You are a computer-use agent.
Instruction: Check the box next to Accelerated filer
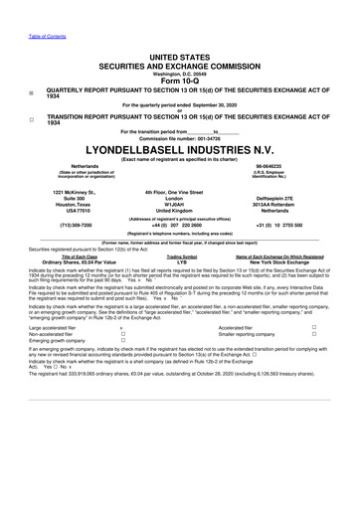[x=341, y=381]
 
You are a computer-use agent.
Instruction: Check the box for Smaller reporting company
[x=341, y=389]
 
